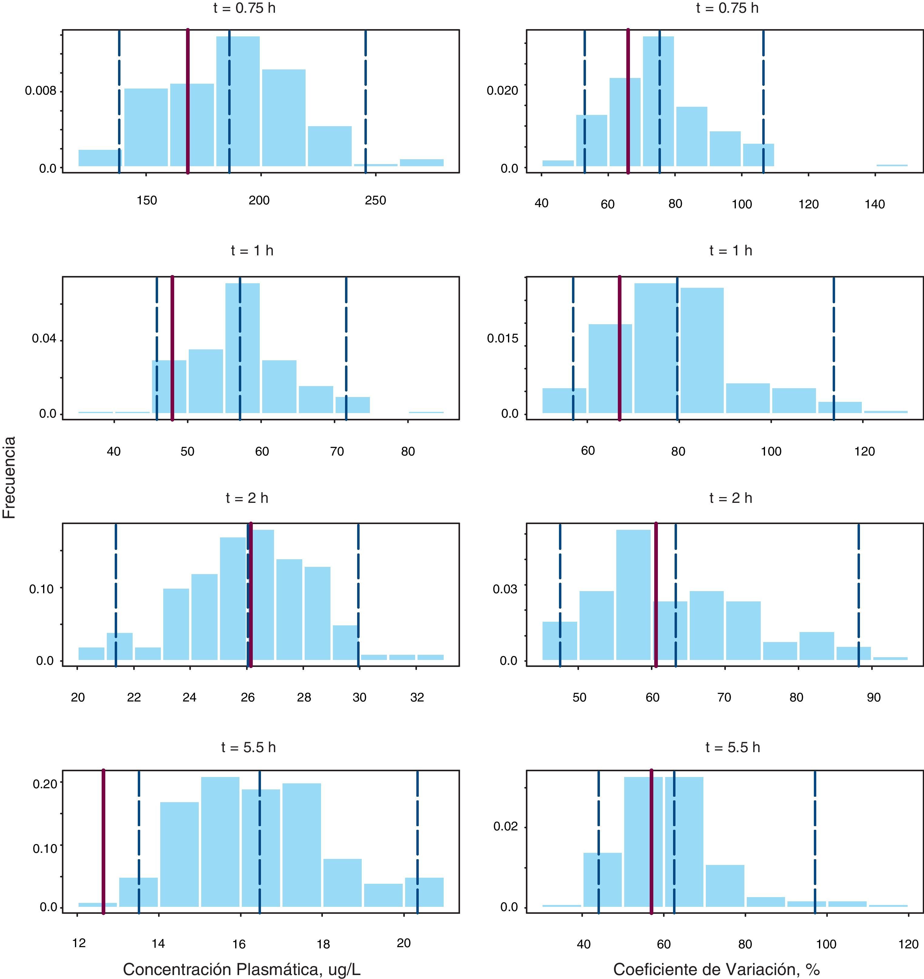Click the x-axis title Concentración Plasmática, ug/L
pos(242,969)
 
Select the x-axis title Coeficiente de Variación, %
pos(716,969)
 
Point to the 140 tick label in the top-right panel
pos(875,204)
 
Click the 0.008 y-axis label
pos(40,91)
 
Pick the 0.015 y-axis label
pos(503,338)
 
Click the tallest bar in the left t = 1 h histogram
pos(242,348)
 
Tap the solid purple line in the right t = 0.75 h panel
pos(628,101)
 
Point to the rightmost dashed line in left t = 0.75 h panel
pos(366,101)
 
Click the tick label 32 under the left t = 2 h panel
pos(417,697)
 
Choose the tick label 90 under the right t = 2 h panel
pos(873,697)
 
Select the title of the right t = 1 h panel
pos(731,251)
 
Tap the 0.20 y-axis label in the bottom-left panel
pos(44,783)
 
